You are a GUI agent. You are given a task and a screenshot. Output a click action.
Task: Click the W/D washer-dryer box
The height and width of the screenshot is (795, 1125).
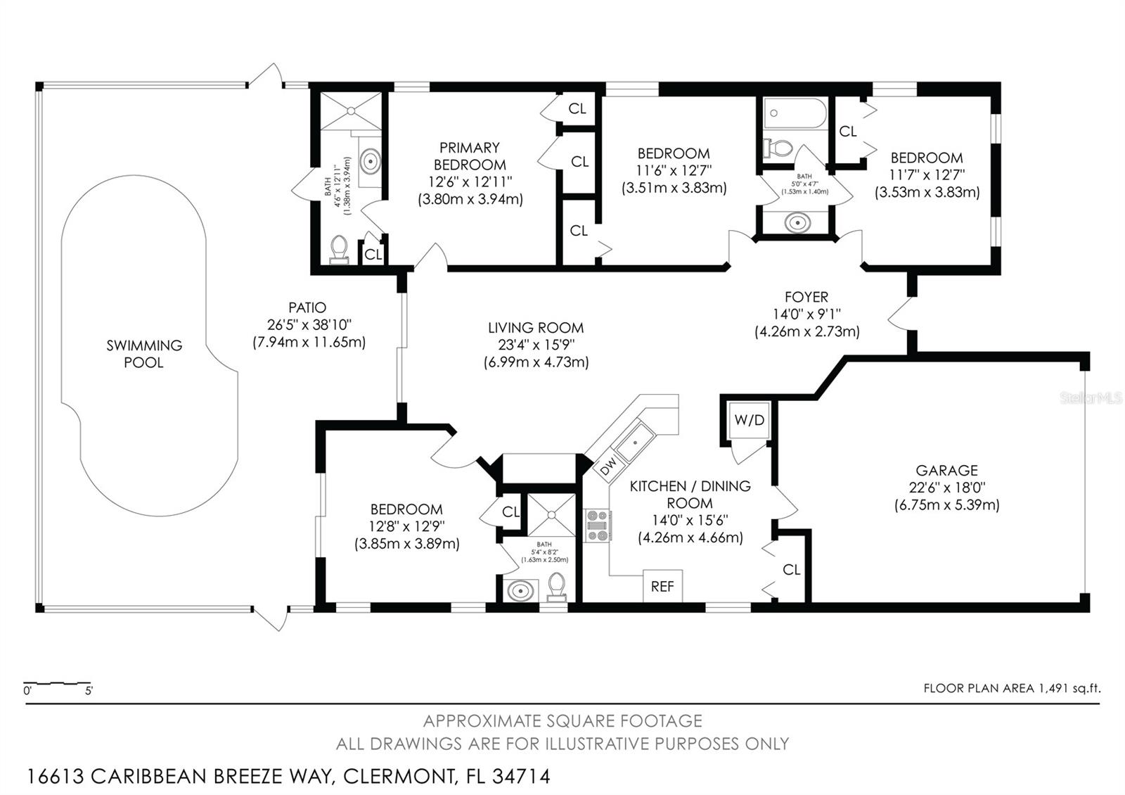coord(750,419)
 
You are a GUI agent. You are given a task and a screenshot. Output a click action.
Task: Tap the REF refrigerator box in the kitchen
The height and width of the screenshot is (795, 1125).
coord(662,585)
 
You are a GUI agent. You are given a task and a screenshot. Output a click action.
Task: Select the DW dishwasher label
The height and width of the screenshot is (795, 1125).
coord(608,466)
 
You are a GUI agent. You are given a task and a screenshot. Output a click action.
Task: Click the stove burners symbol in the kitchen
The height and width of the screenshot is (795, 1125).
coord(598,526)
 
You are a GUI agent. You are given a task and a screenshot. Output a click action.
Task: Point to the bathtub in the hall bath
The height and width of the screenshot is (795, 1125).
coord(795,113)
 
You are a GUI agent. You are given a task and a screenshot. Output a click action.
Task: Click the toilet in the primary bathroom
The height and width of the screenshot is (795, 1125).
coord(340,250)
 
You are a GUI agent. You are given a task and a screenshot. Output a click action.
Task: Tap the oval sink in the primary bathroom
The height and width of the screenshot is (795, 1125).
coord(371,161)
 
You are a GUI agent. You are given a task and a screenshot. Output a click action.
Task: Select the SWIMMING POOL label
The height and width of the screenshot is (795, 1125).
coord(144,354)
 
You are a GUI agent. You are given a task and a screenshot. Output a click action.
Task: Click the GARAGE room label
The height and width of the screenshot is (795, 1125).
coord(946,471)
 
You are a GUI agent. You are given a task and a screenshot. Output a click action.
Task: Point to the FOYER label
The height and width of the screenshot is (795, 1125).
coord(806,297)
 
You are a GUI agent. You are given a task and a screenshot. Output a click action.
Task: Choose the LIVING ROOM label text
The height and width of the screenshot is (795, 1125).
coord(536,328)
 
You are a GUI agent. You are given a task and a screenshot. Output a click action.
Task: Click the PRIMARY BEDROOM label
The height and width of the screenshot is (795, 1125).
coord(470,156)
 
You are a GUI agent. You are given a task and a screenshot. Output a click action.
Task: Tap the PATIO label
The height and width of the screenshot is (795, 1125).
coord(307,307)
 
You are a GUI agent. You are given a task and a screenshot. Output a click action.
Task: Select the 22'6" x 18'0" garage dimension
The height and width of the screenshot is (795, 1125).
coord(947,488)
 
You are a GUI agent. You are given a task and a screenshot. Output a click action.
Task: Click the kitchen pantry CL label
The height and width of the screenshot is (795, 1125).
coord(792,569)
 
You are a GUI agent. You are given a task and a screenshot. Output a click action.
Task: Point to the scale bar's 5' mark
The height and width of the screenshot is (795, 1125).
coord(89,690)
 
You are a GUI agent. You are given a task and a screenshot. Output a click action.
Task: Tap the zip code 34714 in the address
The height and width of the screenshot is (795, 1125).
coord(521,777)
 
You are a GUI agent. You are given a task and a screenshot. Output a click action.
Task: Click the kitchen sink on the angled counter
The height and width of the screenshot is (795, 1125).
coord(636,443)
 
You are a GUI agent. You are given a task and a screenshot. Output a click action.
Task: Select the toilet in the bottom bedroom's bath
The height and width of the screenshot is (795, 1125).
coord(556,587)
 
